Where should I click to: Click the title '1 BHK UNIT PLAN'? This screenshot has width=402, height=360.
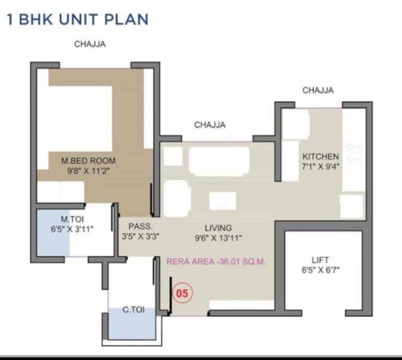click(x=78, y=19)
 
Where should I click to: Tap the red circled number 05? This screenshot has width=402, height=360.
click(x=182, y=293)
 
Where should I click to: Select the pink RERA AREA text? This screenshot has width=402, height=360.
click(x=216, y=261)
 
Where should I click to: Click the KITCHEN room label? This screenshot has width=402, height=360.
click(x=321, y=156)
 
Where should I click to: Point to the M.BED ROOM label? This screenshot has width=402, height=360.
click(x=88, y=161)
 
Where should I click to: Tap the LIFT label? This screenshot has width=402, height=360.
click(x=320, y=260)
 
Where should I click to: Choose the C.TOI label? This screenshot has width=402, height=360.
click(x=133, y=309)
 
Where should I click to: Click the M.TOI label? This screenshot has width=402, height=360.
click(x=72, y=219)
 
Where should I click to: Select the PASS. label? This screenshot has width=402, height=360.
click(x=141, y=226)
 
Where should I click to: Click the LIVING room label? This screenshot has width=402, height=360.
click(x=218, y=228)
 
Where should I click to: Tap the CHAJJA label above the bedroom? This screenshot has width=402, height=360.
click(x=90, y=44)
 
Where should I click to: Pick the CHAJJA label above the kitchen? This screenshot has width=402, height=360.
click(x=318, y=90)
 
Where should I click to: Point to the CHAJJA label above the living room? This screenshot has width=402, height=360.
click(x=210, y=125)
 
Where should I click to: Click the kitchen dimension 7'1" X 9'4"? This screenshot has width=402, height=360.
click(x=321, y=166)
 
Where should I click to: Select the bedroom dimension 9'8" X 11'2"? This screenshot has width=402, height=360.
click(x=88, y=171)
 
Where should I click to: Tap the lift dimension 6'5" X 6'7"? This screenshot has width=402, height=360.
click(x=321, y=270)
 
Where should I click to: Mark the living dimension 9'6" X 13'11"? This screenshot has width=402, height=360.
click(x=218, y=238)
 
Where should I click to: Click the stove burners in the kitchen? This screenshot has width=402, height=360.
click(x=355, y=153)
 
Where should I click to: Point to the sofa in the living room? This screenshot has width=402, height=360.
click(x=219, y=161)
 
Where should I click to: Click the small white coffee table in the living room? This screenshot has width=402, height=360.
click(x=223, y=201)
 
